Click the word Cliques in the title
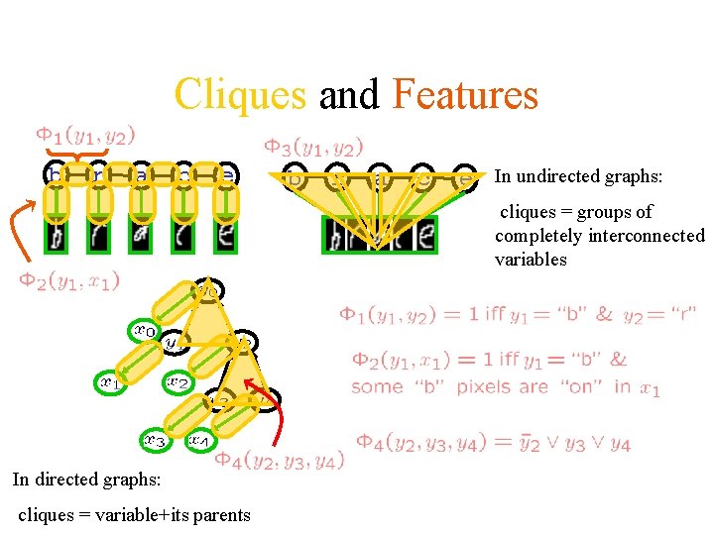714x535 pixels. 241,95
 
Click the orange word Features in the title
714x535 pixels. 465,95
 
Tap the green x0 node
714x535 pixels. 145,331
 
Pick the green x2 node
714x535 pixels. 178,381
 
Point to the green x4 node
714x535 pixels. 199,440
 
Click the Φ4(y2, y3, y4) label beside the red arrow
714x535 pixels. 281,460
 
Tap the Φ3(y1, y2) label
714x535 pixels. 312,147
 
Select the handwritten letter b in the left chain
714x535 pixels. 57,237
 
